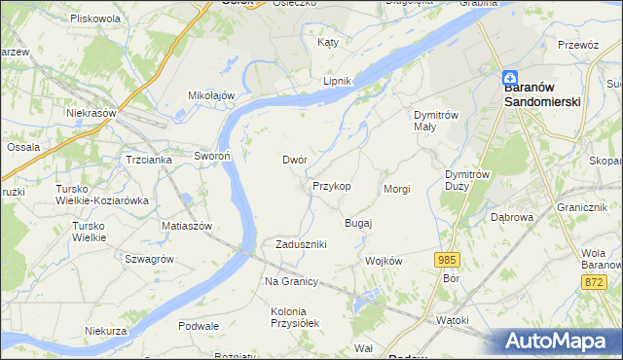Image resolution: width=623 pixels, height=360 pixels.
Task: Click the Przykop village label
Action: (331, 185)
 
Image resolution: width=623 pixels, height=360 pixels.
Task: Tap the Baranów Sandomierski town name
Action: (542, 93)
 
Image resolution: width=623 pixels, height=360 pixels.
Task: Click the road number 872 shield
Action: (595, 281)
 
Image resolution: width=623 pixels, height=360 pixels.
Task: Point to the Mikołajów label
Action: (212, 95)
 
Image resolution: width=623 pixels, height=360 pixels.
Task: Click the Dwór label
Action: (295, 160)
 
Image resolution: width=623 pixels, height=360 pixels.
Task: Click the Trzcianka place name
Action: (148, 159)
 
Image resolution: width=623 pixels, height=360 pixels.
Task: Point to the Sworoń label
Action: (211, 156)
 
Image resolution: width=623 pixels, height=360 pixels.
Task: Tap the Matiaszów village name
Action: (187, 225)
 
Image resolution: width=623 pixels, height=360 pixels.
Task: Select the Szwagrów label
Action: (149, 259)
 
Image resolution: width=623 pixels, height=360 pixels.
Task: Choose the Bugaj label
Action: (359, 223)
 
